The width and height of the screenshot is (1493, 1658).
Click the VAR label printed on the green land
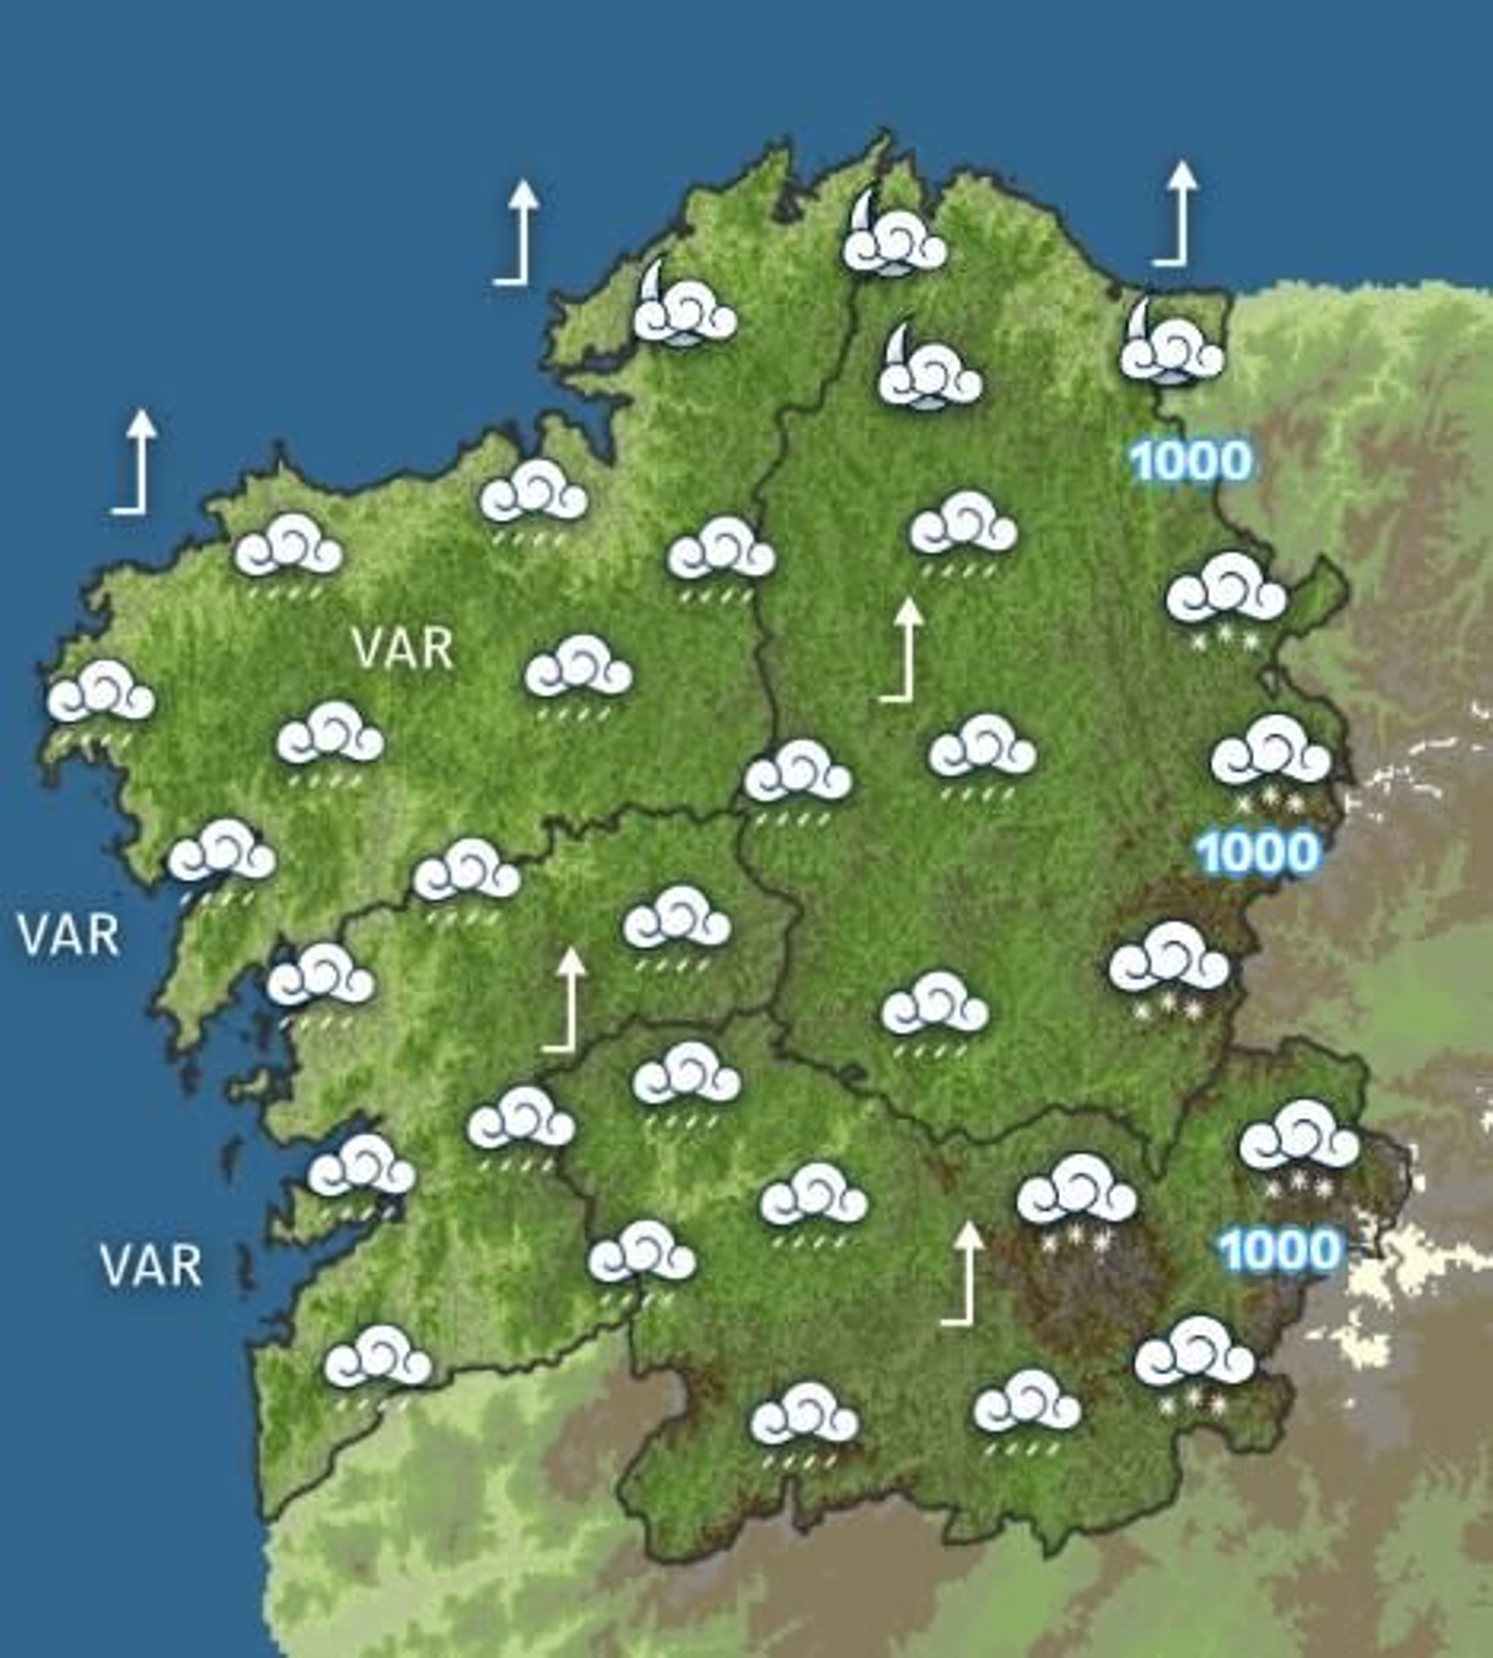403,648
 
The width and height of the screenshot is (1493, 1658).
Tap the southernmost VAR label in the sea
150,1265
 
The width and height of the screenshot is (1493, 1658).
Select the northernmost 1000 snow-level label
1190,461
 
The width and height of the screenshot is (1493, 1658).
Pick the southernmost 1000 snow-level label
1279,1250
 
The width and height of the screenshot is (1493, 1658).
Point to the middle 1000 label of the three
1258,853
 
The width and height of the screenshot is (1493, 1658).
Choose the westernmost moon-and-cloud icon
684,306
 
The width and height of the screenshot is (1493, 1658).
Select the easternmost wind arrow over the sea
1178,213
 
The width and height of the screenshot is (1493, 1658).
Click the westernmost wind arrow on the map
135,461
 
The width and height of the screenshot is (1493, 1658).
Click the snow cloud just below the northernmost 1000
1226,593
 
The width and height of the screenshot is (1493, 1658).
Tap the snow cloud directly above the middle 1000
1270,756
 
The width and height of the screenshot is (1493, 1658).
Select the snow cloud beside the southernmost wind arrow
1077,1196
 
